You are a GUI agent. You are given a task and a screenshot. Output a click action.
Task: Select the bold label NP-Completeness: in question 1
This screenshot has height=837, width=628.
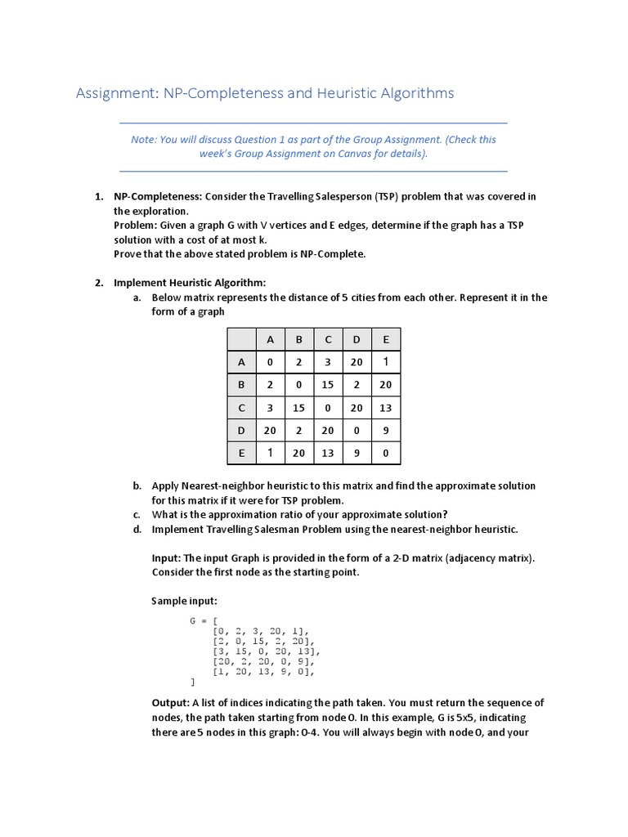click(158, 197)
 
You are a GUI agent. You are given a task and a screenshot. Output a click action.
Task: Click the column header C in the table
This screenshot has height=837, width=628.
click(328, 339)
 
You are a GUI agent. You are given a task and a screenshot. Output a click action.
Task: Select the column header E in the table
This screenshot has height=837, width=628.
click(386, 339)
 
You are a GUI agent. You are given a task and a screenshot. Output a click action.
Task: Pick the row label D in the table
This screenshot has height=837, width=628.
click(240, 429)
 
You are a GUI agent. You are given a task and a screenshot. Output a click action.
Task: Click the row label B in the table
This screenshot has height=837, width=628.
click(240, 384)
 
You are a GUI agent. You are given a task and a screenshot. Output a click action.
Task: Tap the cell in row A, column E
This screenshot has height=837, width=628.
click(386, 361)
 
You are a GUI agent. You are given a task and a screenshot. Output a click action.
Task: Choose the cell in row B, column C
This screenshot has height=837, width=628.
click(328, 384)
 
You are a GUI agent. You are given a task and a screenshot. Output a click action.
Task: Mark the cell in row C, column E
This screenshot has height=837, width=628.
click(386, 407)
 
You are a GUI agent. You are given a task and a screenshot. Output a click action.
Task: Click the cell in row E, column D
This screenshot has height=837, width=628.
click(357, 452)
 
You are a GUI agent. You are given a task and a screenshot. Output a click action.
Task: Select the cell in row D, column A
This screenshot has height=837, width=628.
click(270, 429)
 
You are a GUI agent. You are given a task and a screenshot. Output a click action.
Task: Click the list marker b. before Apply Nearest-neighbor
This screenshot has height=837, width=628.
click(137, 486)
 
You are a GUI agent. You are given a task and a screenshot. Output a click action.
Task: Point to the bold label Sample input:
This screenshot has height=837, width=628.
click(185, 601)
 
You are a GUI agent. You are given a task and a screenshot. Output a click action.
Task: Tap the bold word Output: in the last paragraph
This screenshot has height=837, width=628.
click(172, 703)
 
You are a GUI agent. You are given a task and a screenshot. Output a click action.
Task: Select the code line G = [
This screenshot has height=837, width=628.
click(201, 620)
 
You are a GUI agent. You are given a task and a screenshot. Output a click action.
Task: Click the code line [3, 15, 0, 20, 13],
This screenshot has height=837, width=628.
click(267, 651)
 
